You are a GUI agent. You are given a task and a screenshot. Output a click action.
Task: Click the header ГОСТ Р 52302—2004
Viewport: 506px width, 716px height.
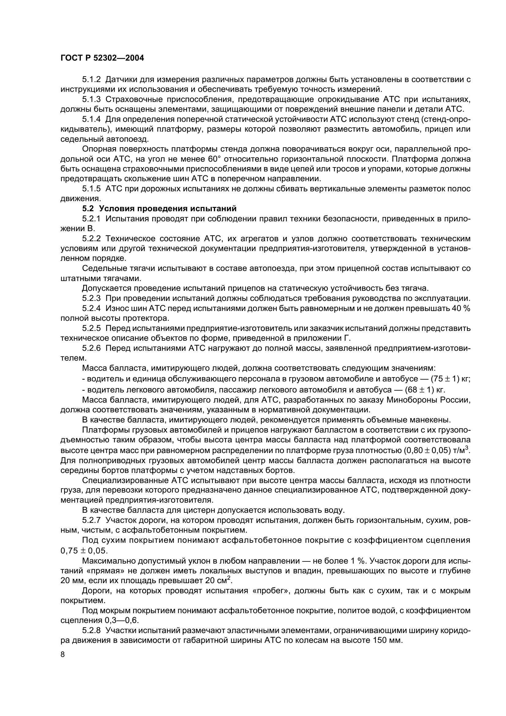pyautogui.click(x=102, y=58)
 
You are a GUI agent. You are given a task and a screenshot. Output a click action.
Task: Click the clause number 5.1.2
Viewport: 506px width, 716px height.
pyautogui.click(x=91, y=80)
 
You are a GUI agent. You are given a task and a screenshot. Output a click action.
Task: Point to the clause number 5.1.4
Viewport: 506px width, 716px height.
pyautogui.click(x=91, y=119)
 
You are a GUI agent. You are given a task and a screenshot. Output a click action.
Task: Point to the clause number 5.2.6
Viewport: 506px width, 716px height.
pyautogui.click(x=91, y=348)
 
